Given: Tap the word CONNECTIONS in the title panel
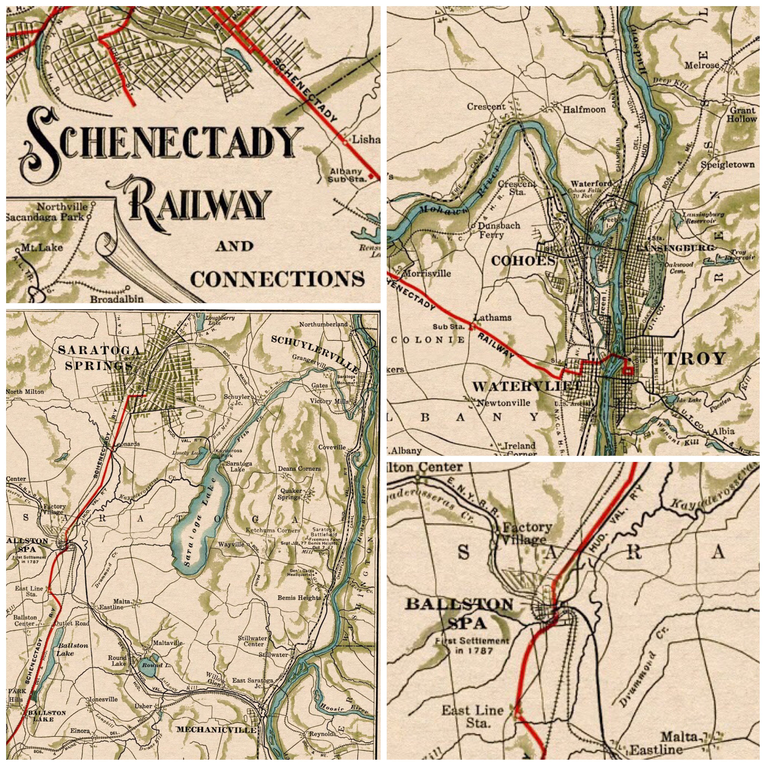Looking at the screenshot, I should pos(278,279).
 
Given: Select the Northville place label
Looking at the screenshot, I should pos(62,207).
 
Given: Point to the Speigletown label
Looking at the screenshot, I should pos(727,164).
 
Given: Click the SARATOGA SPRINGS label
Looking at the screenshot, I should pos(99,357).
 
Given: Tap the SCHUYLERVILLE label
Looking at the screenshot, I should pos(315,354).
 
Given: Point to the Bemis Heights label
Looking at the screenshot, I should pos(299,597).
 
